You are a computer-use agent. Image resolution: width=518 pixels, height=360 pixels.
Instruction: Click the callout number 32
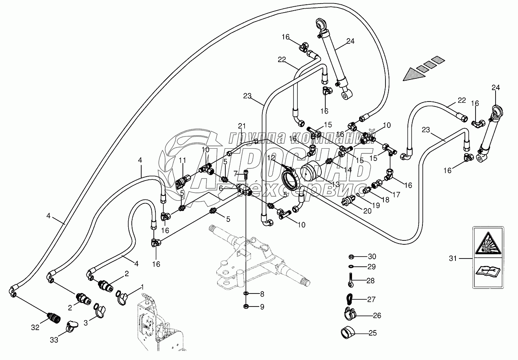click(x=35, y=327)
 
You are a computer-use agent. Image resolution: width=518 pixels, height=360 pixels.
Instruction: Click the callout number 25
click(x=373, y=333)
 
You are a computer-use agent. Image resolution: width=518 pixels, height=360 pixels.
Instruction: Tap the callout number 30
click(x=372, y=257)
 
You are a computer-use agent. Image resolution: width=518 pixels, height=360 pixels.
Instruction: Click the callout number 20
click(x=367, y=210)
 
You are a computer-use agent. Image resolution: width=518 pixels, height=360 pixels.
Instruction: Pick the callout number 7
click(x=235, y=173)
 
